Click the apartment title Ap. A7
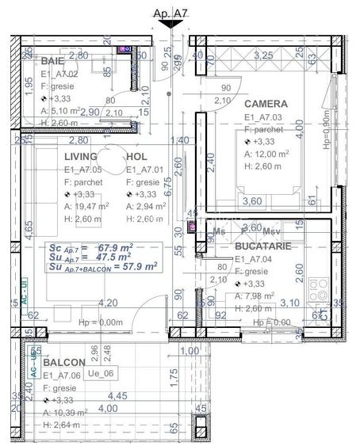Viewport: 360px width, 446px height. pos(169,12)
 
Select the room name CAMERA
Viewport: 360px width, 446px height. pos(266,104)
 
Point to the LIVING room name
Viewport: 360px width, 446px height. pos(83,157)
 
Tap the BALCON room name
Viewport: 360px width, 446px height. pos(64,363)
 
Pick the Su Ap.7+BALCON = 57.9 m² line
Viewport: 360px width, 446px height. pos(102,267)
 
